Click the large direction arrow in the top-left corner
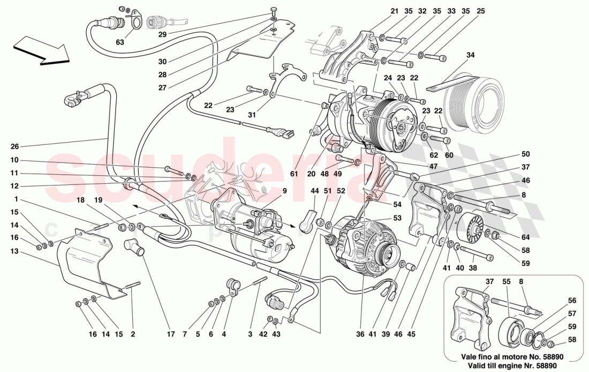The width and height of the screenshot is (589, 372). tap(41, 51)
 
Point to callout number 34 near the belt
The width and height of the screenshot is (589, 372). tap(471, 55)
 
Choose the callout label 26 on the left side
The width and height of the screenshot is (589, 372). tap(14, 146)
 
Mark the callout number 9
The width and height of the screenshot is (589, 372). tap(285, 190)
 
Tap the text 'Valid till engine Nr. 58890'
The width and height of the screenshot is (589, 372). tap(513, 363)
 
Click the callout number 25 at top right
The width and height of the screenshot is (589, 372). tap(480, 11)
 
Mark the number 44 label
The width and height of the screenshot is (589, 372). tap(314, 191)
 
